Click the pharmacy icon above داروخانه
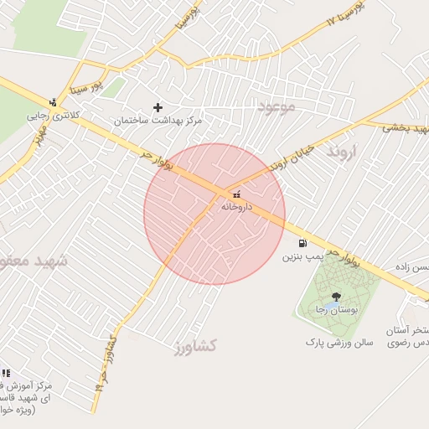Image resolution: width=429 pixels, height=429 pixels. pos(233,194)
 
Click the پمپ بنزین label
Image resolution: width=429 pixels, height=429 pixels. pos(302,255)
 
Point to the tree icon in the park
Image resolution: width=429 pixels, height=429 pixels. pos(336,297)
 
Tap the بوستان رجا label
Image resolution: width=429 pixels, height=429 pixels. pos(333,309)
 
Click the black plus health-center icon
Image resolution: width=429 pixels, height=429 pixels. pos(158,107)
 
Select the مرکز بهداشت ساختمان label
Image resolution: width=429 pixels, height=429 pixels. pos(158,121)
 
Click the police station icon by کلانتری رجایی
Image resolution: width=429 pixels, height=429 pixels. pos(54,102)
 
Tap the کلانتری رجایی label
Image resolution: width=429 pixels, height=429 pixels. pos(48,115)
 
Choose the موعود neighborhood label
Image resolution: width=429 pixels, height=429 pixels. pos(277,108)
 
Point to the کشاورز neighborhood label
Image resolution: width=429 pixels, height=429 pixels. pos(197,345)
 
